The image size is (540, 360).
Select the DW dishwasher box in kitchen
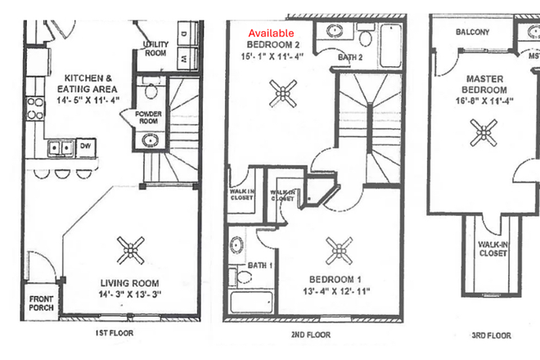click(x=84, y=146)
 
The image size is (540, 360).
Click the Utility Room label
click(x=155, y=47)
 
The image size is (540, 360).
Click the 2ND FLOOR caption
click(x=309, y=335)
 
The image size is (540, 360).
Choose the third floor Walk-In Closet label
click(x=493, y=249)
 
